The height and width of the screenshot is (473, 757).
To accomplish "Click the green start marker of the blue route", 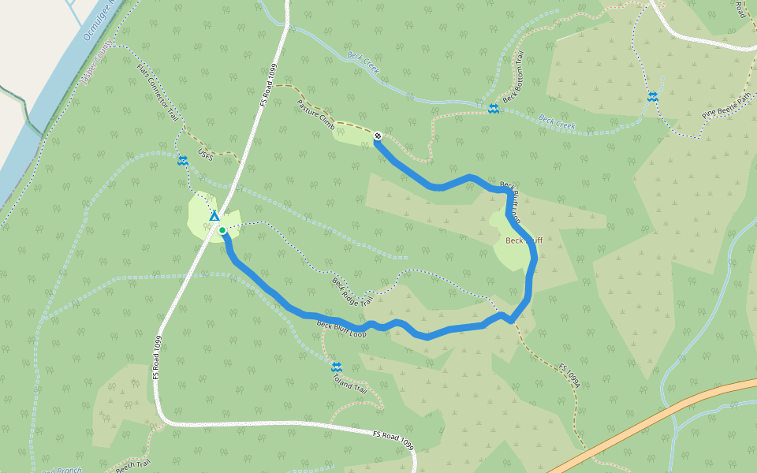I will (x=222, y=230).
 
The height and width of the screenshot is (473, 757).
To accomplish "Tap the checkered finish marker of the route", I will (x=378, y=136).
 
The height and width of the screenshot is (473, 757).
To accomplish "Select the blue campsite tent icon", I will (x=214, y=215).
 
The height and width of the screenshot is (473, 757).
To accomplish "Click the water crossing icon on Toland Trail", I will (x=337, y=367).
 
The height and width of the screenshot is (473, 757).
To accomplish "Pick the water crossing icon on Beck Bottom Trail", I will (x=492, y=109).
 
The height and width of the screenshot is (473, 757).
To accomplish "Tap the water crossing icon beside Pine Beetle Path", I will (x=653, y=97).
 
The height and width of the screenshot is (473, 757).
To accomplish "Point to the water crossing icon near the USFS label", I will (x=183, y=161).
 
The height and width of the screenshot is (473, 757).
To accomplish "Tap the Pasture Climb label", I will (x=316, y=115).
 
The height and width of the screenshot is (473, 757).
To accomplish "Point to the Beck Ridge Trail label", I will (x=351, y=292).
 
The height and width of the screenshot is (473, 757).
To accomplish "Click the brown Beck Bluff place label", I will (x=524, y=240).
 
